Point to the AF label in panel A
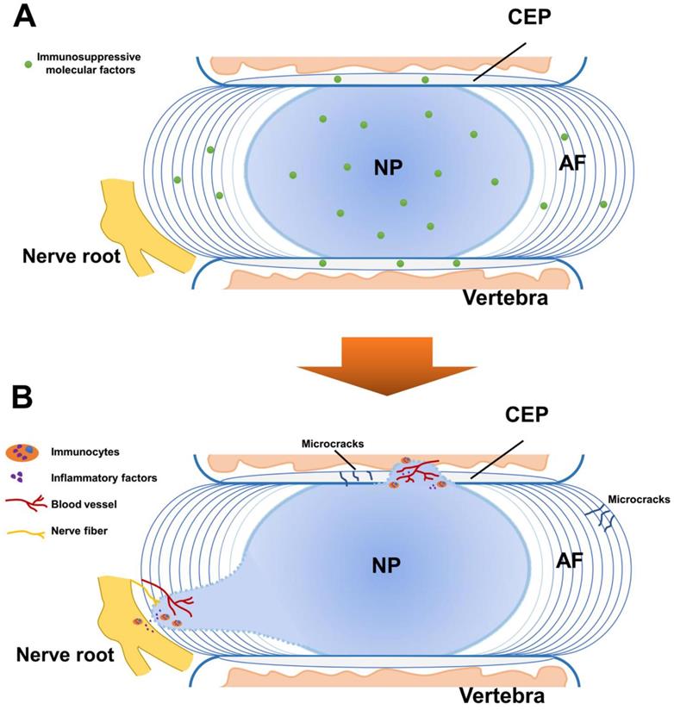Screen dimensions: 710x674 [x=572, y=163]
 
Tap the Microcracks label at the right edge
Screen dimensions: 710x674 [x=638, y=498]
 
